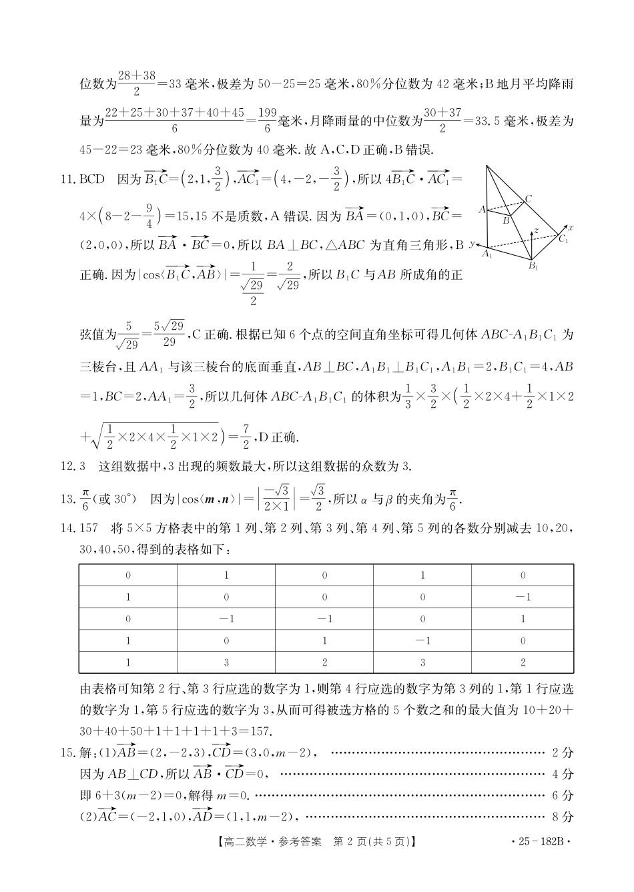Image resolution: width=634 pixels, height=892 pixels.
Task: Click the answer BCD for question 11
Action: (92, 179)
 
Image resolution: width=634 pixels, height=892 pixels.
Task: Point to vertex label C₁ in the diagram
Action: (563, 238)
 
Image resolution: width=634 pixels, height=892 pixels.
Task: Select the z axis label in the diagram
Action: (535, 230)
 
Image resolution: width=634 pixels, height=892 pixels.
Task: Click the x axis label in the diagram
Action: (571, 228)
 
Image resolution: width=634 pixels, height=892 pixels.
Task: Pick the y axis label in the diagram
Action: (471, 244)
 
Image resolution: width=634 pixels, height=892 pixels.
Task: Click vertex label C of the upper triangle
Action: (528, 198)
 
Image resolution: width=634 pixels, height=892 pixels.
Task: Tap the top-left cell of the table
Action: (128, 576)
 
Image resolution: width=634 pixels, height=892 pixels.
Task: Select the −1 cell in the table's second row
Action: (523, 597)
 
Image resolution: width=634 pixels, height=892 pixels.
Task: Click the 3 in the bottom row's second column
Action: (226, 662)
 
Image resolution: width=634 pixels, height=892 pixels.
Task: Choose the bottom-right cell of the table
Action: (523, 662)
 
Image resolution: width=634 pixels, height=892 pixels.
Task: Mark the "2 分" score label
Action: (563, 752)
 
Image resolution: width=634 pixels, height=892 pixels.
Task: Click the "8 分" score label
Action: (563, 816)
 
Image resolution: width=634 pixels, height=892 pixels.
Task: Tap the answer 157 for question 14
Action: (89, 529)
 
